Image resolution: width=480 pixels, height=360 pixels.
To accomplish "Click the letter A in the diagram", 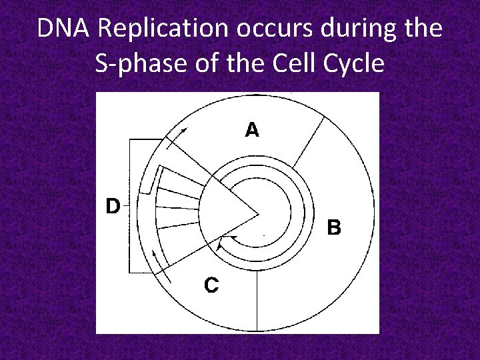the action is [x=252, y=130].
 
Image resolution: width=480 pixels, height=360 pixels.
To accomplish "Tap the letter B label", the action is [x=334, y=228].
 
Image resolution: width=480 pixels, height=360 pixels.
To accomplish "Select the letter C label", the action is [x=211, y=285].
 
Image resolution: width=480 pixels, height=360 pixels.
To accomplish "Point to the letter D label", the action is [x=112, y=206].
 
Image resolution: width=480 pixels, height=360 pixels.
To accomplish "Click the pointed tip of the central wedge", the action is [x=258, y=214].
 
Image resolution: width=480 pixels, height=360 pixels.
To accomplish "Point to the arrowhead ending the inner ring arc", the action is [x=221, y=241].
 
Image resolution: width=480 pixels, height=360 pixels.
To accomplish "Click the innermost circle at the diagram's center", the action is [x=273, y=214].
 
